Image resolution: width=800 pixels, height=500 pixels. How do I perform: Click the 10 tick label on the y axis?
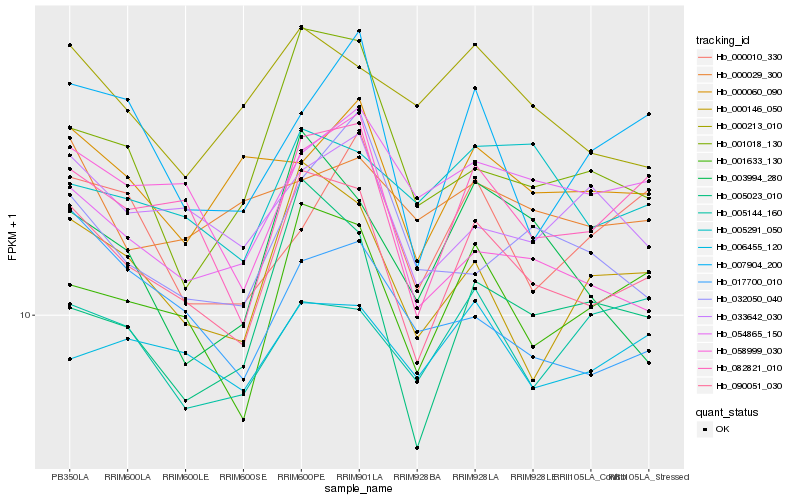pyautogui.click(x=24, y=315)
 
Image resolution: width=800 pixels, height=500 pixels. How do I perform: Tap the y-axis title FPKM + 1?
pyautogui.click(x=12, y=236)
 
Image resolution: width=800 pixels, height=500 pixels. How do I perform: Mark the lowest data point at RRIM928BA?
pyautogui.click(x=417, y=448)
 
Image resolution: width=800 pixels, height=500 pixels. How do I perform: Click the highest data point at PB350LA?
pyautogui.click(x=70, y=45)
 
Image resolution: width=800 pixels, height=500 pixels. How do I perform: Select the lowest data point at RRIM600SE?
pyautogui.click(x=244, y=420)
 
